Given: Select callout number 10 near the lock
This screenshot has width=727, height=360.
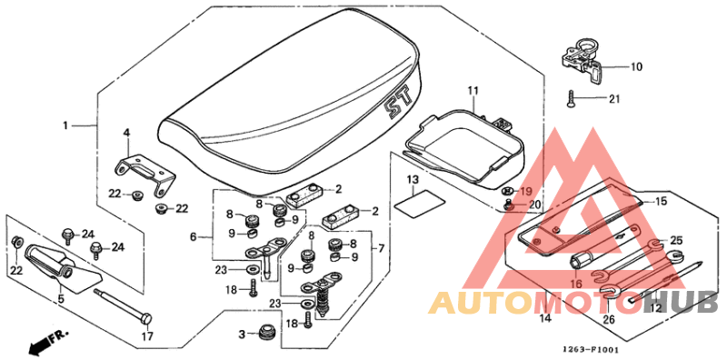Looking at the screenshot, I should (636, 66).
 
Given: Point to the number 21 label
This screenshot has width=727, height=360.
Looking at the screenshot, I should (612, 99).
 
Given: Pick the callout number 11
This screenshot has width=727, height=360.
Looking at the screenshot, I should (473, 91).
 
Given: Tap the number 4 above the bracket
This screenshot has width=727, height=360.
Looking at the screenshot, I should (127, 133).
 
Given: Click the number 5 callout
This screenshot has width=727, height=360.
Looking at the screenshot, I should (62, 297).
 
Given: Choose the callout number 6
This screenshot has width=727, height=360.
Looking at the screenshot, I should (193, 236).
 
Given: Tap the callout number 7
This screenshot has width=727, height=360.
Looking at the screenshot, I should (380, 247).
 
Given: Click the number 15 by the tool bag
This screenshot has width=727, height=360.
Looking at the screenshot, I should (661, 201).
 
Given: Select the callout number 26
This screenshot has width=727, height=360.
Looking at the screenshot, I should (608, 320).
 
